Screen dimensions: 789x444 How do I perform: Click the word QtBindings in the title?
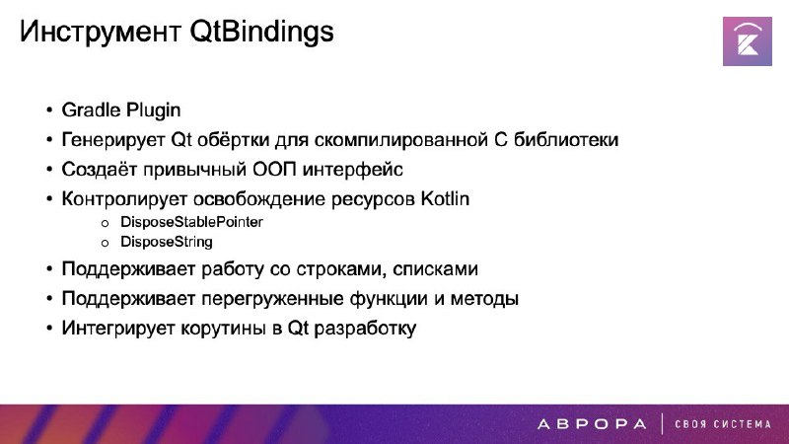click(x=261, y=33)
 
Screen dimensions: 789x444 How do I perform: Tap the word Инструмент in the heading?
click(x=101, y=32)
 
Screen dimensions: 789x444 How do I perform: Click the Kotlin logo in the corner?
click(x=748, y=41)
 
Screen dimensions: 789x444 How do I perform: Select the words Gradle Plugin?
click(x=120, y=111)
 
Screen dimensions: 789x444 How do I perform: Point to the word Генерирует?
click(x=113, y=140)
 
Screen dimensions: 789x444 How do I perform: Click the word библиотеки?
click(x=565, y=139)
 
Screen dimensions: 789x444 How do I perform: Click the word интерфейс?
click(x=352, y=169)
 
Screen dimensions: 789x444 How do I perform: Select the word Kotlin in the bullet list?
click(x=445, y=199)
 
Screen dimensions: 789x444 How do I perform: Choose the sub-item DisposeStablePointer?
click(x=191, y=222)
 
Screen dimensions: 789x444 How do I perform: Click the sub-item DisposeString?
click(x=167, y=242)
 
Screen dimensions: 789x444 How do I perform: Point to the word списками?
click(x=435, y=269)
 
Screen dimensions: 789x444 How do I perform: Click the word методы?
click(x=484, y=299)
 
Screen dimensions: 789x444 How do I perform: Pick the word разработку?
click(x=365, y=329)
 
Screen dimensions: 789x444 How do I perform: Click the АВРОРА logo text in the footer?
click(x=592, y=424)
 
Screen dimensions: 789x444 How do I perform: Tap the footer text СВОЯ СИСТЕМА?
click(x=723, y=424)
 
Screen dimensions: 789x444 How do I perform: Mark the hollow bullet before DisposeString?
click(x=105, y=243)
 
